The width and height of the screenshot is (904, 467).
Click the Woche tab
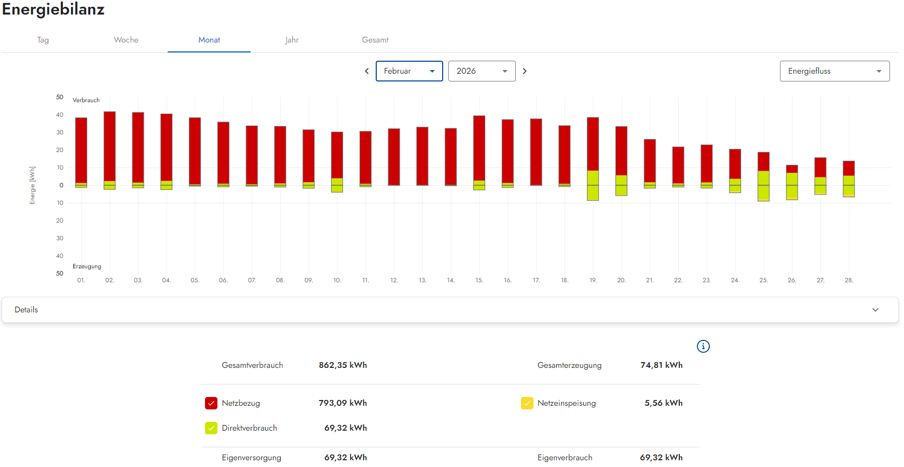click(126, 40)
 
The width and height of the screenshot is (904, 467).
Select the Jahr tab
click(292, 40)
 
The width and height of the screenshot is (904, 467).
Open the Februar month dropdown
click(409, 71)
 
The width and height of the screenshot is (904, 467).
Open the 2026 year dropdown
click(482, 71)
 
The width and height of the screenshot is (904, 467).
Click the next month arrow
click(525, 71)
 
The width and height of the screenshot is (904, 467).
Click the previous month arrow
click(367, 71)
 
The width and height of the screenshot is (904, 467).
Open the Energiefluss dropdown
click(835, 71)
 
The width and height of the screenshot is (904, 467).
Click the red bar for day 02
click(109, 146)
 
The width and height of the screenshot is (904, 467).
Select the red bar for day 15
click(479, 148)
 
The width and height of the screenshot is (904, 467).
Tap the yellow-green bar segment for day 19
click(593, 185)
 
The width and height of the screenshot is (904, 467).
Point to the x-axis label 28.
click(849, 280)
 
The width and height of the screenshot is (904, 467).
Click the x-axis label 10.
click(337, 280)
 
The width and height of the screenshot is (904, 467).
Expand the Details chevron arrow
click(875, 310)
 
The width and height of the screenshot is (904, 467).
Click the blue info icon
click(703, 346)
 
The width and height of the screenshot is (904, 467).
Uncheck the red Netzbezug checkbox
click(211, 403)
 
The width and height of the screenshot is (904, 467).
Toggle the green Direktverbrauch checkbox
click(211, 428)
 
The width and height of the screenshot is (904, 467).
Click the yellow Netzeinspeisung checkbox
click(527, 403)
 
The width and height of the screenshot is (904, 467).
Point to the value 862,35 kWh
click(343, 365)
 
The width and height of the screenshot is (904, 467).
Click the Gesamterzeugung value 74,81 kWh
click(662, 365)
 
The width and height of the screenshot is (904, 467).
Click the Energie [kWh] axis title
click(33, 185)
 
